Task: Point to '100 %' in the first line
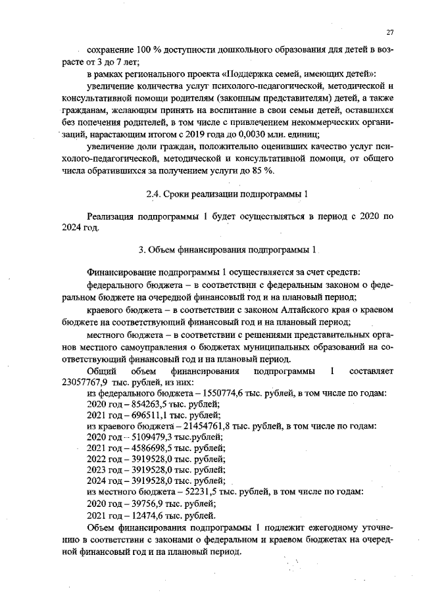tap(137, 51)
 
